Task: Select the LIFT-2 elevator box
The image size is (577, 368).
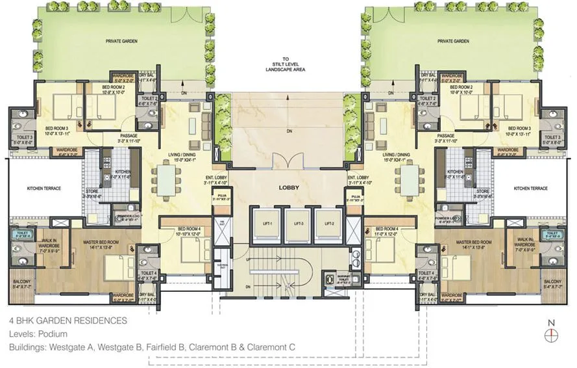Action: click(323, 222)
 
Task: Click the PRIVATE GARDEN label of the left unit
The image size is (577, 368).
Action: click(120, 40)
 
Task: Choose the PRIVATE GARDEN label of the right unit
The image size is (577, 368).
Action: click(453, 40)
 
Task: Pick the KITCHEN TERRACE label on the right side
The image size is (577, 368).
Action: click(531, 189)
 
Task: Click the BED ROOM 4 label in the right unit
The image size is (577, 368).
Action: click(382, 228)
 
